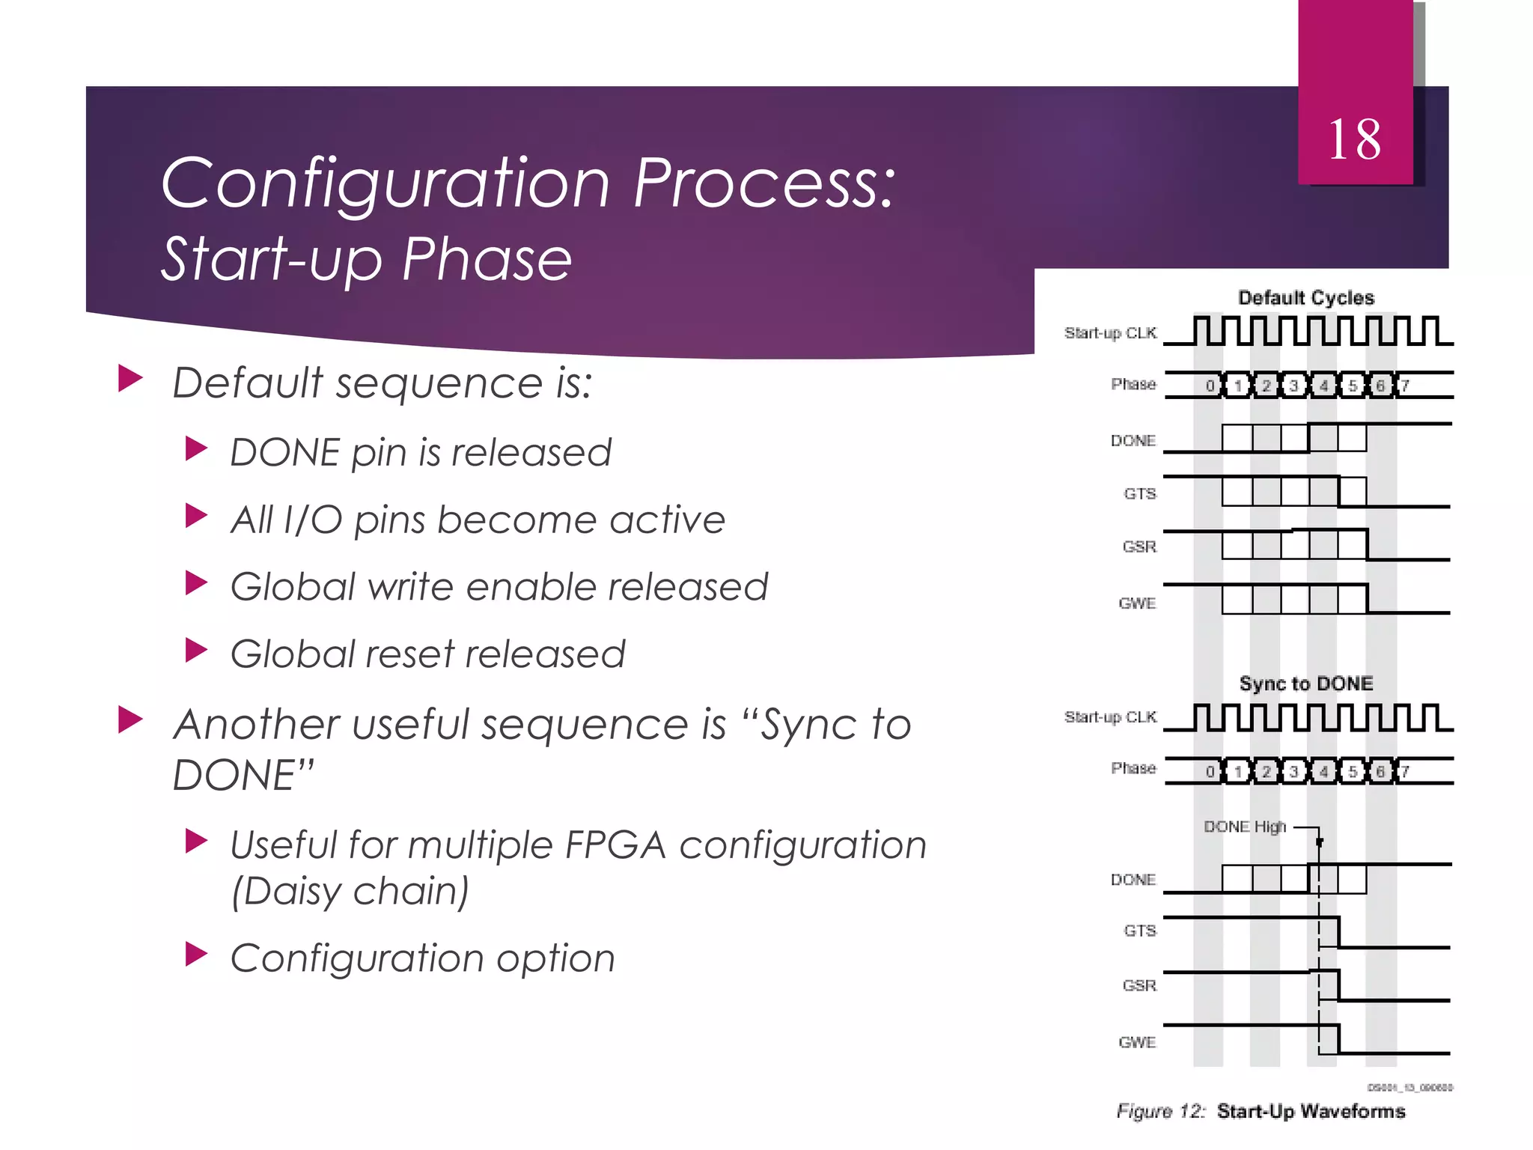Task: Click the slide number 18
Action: tap(1354, 140)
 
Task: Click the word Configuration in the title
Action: tap(385, 184)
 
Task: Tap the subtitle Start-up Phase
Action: tap(367, 259)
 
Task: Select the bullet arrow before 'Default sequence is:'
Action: tap(130, 379)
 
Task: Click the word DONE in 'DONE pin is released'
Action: tap(285, 453)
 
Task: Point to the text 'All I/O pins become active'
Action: tap(478, 520)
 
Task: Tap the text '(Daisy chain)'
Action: tap(350, 891)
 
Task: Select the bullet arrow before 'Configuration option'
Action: tap(196, 954)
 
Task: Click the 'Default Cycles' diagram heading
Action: tap(1305, 298)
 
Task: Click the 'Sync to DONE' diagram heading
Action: tap(1305, 684)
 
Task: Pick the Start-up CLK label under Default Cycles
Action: tap(1110, 333)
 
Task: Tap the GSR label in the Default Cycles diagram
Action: tap(1139, 547)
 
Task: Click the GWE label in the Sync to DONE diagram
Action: tap(1137, 1042)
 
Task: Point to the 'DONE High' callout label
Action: tap(1244, 827)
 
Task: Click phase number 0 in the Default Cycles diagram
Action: tap(1210, 386)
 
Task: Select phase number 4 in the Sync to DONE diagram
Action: tap(1323, 771)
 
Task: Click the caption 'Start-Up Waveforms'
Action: tap(1311, 1111)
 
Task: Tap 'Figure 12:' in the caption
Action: tap(1160, 1111)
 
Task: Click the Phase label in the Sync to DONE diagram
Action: tap(1133, 768)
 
